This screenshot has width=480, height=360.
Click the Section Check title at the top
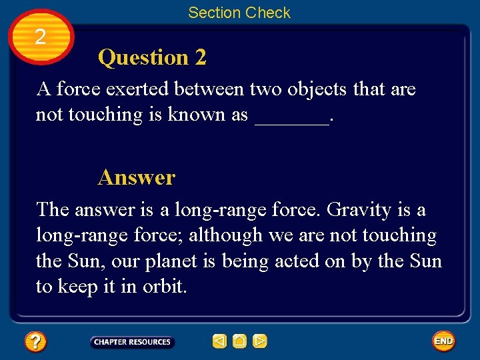click(x=239, y=13)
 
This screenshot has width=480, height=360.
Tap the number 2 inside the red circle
click(x=41, y=37)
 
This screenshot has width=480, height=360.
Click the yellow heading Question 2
click(x=152, y=58)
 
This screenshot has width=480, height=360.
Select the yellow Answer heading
click(x=136, y=177)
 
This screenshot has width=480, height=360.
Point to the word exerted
click(x=141, y=89)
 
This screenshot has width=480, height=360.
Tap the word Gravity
click(x=359, y=209)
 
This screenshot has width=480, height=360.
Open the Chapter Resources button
click(x=132, y=342)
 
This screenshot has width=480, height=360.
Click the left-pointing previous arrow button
click(x=219, y=342)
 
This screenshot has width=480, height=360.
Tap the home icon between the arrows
click(x=240, y=342)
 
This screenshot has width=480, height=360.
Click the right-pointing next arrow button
click(x=260, y=342)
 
